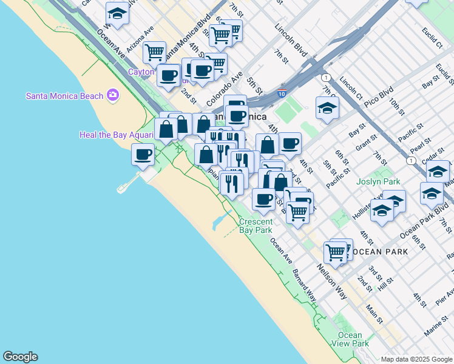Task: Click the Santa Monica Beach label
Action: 64,95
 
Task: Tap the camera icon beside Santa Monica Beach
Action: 112,95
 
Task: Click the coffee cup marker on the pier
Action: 143,155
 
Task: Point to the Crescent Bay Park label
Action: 256,226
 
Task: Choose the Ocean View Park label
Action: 350,339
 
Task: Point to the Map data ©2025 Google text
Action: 416,359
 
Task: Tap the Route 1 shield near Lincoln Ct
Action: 327,77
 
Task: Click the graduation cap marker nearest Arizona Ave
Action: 117,13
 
